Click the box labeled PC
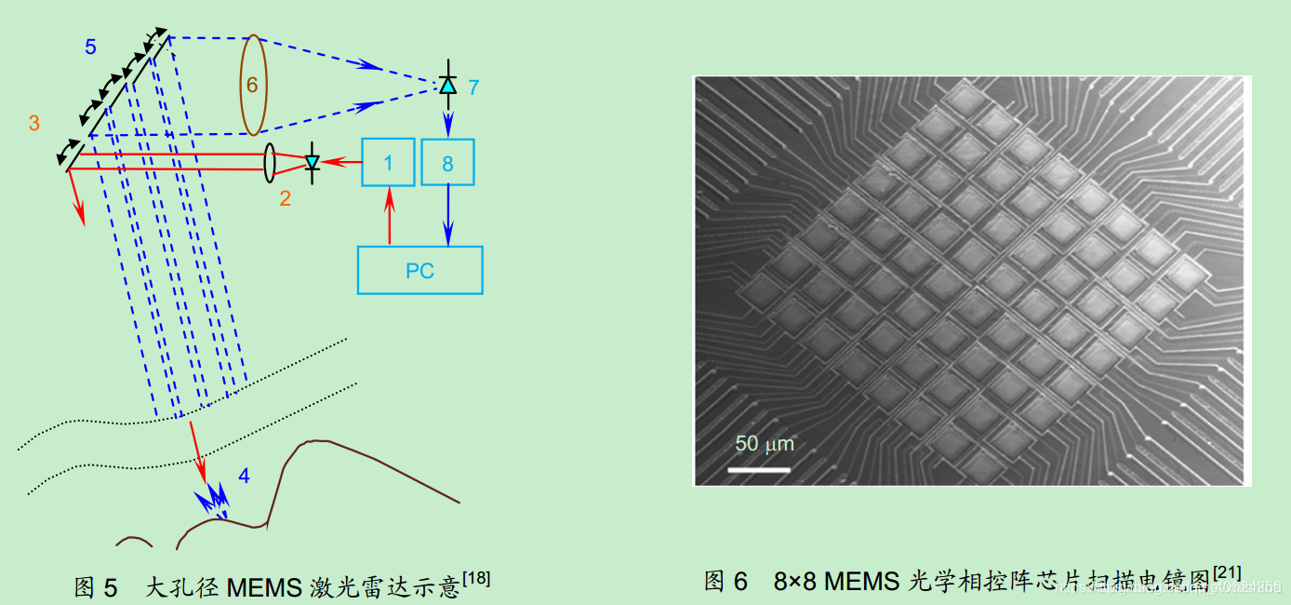[420, 270]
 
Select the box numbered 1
[388, 163]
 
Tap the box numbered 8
[447, 163]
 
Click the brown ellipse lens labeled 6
[252, 84]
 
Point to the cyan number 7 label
[473, 87]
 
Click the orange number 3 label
[33, 123]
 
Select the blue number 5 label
[90, 47]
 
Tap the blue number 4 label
[244, 477]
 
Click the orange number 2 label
[285, 197]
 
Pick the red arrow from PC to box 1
[389, 215]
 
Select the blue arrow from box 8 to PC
[448, 215]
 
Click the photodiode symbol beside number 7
[447, 85]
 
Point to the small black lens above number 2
[270, 162]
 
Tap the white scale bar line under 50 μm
[758, 468]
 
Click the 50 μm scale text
[765, 444]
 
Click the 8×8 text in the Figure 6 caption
[794, 582]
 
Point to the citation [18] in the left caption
[476, 579]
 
